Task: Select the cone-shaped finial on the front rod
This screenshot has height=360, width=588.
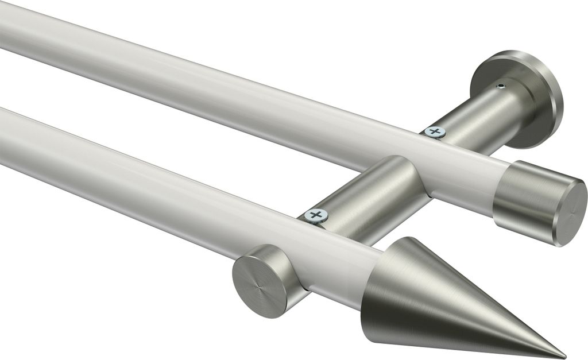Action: (x=436, y=299)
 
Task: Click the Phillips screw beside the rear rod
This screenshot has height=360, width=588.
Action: (x=435, y=133)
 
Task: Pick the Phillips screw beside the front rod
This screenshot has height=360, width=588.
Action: (x=315, y=216)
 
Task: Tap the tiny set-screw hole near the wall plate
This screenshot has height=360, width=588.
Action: (x=501, y=86)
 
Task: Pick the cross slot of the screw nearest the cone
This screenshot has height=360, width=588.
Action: (x=315, y=216)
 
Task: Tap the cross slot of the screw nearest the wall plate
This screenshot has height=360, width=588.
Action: (x=435, y=133)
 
